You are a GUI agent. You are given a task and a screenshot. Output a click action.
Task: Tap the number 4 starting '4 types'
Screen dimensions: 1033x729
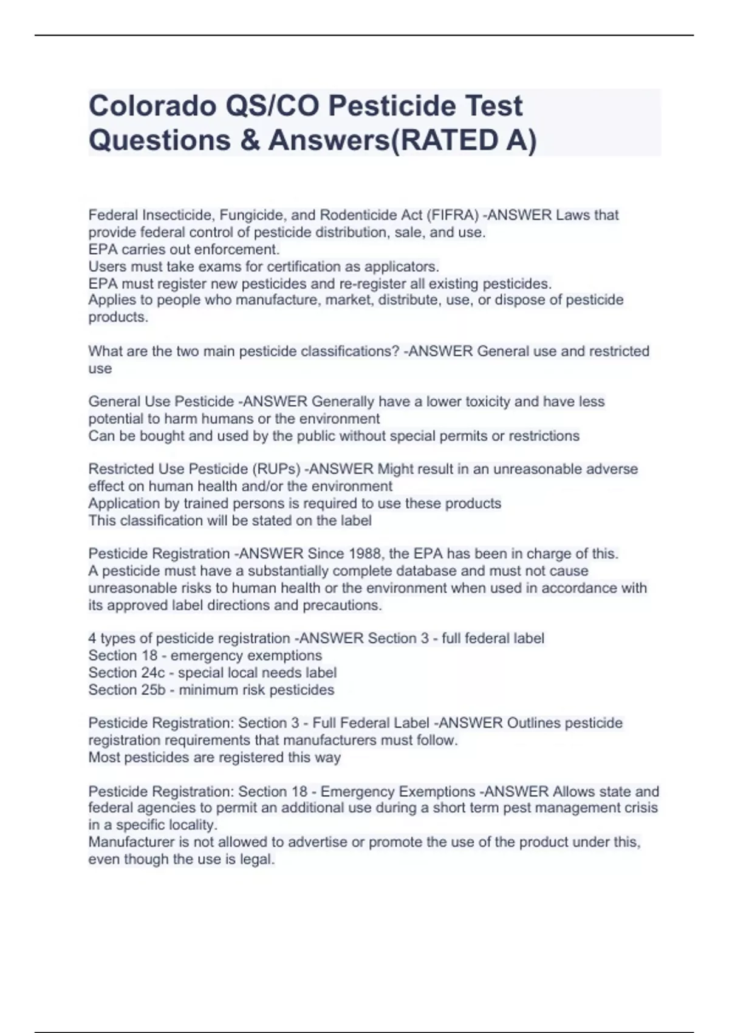point(92,638)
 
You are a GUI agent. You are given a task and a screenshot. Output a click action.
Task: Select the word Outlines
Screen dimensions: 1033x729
point(533,723)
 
